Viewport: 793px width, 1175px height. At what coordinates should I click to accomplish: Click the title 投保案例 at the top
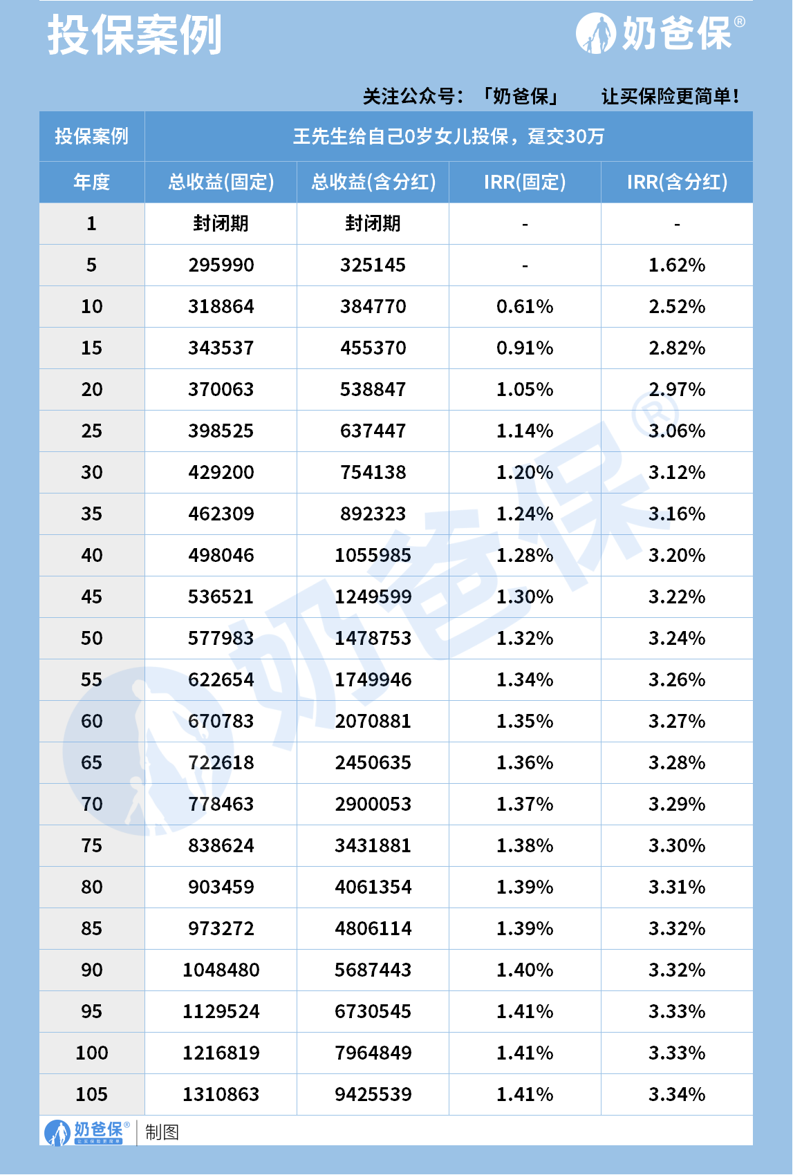coord(135,35)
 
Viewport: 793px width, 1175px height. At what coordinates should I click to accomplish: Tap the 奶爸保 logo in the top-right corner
coord(660,33)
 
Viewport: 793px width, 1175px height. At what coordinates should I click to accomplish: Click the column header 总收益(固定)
coord(221,182)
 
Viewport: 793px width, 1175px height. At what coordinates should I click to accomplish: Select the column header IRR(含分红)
coord(677,182)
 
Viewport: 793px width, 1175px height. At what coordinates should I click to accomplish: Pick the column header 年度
coord(92,182)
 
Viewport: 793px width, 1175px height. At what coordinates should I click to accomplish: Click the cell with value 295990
coord(221,265)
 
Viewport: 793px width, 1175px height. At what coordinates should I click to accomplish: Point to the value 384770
coord(373,306)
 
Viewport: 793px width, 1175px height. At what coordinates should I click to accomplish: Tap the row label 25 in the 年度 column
coord(92,431)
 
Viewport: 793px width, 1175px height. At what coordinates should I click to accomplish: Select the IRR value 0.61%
coord(525,306)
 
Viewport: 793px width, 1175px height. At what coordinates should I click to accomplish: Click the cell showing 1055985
coord(373,555)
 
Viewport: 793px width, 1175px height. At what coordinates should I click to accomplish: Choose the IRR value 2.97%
coord(677,389)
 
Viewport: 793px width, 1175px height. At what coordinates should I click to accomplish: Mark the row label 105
coord(92,1094)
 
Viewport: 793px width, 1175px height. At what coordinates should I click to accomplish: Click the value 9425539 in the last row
coord(373,1094)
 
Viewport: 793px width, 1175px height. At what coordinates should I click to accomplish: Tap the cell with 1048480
coord(221,970)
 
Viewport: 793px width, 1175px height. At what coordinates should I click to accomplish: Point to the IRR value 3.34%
coord(677,1094)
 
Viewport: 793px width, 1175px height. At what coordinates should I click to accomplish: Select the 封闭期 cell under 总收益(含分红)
coord(373,223)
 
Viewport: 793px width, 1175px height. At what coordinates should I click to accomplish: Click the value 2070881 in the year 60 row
coord(373,721)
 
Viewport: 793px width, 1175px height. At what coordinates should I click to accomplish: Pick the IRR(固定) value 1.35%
coord(525,721)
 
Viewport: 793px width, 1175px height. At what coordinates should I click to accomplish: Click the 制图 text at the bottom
coord(162,1132)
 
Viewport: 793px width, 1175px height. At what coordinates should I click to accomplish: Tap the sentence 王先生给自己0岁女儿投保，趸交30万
coord(449,136)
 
